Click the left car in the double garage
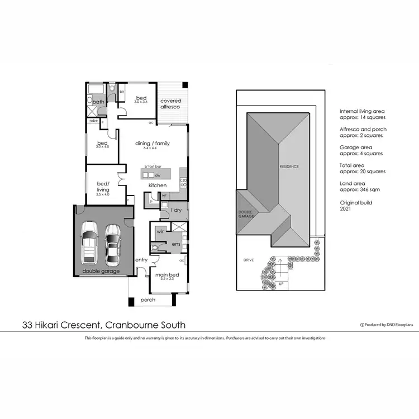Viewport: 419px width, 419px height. tap(90, 242)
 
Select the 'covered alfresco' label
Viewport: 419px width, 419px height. tap(171, 104)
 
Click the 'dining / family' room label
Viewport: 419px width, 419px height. tap(153, 144)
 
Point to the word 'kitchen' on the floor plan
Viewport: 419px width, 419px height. tap(157, 185)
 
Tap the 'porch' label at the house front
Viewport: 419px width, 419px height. tap(148, 300)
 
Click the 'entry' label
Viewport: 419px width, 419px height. tap(141, 259)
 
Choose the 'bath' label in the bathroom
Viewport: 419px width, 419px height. tap(98, 102)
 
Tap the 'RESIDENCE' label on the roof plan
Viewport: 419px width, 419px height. tap(289, 166)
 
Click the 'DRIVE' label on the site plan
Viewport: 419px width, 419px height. tap(249, 260)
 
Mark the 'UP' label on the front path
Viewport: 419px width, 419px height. tap(280, 284)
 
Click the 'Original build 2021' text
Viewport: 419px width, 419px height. tap(356, 205)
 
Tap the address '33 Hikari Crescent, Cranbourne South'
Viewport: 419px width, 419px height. tap(104, 325)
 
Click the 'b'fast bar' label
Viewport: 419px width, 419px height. tap(153, 167)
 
